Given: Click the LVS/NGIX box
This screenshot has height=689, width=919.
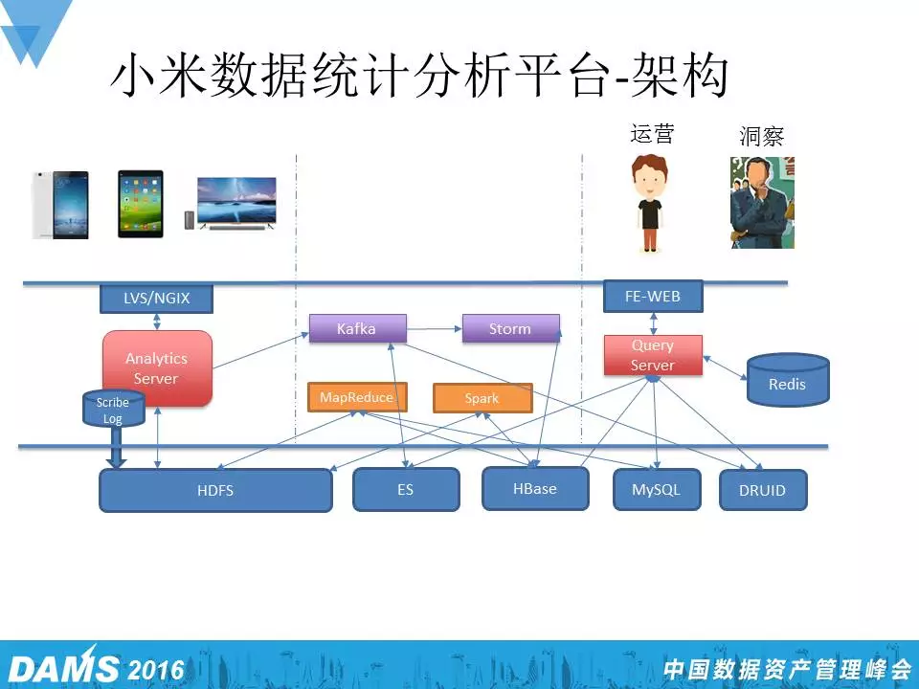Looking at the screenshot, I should tap(156, 299).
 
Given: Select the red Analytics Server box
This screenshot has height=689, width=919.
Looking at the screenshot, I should tap(157, 368).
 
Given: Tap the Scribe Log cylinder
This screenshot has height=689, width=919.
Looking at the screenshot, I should tap(113, 411).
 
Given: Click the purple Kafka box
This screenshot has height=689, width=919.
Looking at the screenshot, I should tap(357, 328).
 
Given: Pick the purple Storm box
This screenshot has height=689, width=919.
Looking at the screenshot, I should tap(510, 328).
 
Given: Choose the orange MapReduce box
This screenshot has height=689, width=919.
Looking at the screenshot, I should tap(356, 397).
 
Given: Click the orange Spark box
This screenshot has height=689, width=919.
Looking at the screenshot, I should tap(482, 398).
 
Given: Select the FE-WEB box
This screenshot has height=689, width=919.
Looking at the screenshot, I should tap(653, 297).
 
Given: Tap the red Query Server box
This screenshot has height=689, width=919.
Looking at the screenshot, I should tap(653, 355).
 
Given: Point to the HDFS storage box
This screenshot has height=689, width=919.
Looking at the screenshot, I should tap(215, 490).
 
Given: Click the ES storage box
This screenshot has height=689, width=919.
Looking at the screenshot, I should tap(406, 489).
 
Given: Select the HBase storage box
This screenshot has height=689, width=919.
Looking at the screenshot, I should tap(535, 488).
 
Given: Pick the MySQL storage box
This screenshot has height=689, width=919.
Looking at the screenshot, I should tap(657, 489).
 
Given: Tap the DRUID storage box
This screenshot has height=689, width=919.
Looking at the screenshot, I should tap(763, 490).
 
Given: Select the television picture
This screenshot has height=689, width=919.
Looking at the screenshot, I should tap(236, 202).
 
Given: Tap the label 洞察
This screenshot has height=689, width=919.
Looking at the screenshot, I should tap(762, 136).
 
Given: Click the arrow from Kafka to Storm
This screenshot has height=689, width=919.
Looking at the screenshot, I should tap(435, 329).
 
